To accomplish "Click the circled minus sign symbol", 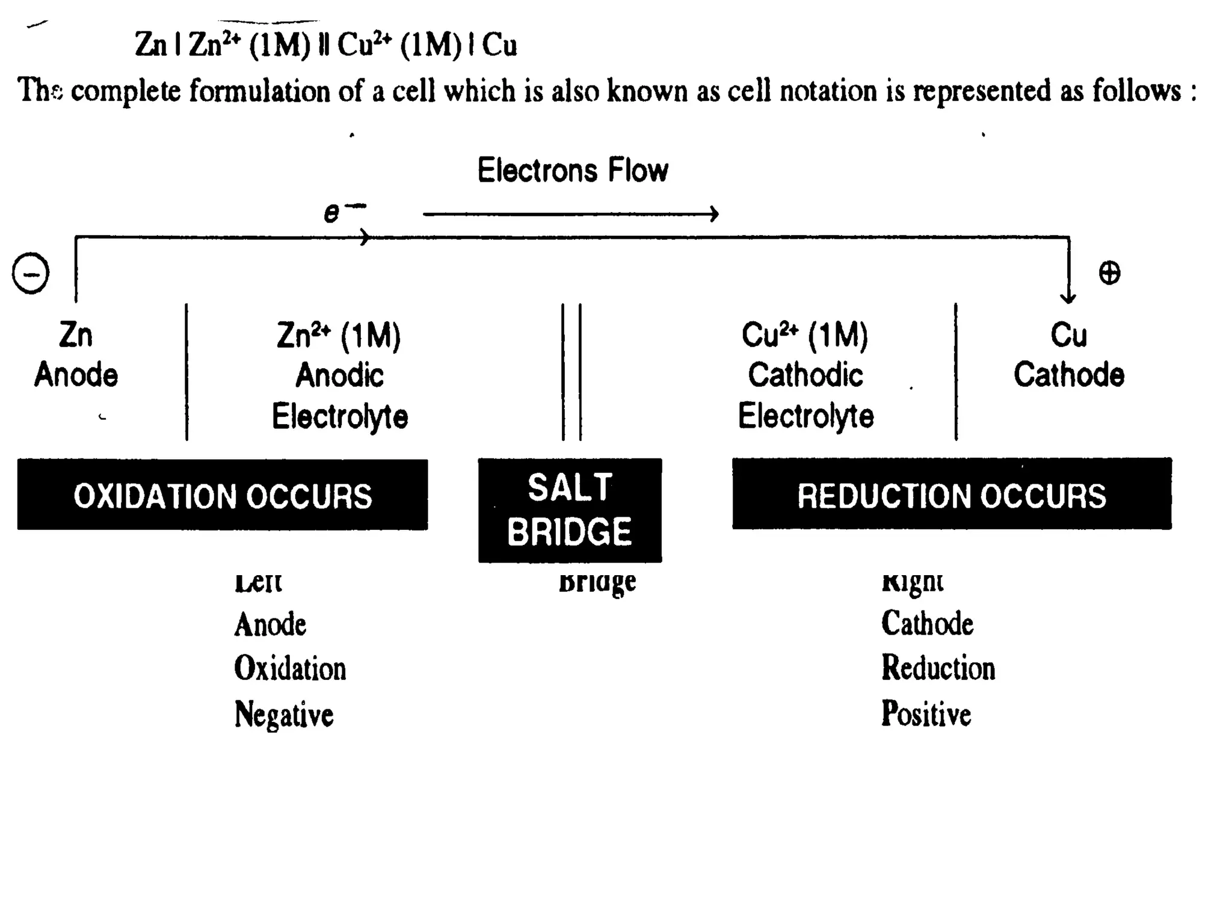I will [31, 273].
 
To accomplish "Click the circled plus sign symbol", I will [1109, 273].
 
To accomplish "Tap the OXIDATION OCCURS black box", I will [223, 495].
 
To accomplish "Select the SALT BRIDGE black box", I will [570, 510].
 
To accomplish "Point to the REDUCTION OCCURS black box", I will [952, 494].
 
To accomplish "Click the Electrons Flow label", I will [573, 170].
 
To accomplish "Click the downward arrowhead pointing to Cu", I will [1068, 296].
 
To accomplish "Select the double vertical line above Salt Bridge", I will [571, 372].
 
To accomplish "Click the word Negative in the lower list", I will [284, 714].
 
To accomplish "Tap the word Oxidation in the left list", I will [290, 668].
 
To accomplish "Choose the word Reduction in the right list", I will [938, 668].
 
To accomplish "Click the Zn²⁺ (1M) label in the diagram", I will [339, 335].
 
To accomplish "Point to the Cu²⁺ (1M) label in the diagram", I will [805, 335].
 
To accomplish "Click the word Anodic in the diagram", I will [339, 375].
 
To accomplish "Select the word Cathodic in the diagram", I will [805, 375].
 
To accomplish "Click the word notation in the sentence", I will [828, 91].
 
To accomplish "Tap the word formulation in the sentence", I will [260, 91].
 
